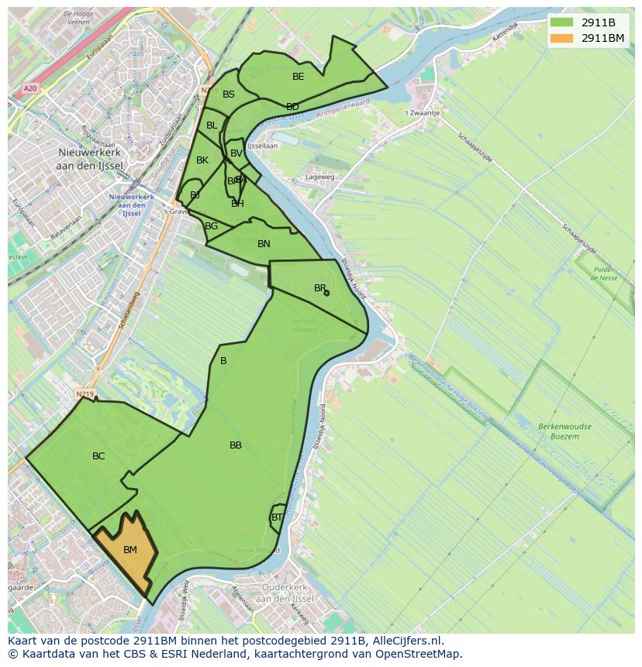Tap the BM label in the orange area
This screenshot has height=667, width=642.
130,550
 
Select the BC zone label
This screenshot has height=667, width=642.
98,456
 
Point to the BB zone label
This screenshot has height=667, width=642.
236,445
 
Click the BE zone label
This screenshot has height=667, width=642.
299,77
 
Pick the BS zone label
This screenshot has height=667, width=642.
229,95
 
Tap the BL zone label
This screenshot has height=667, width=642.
212,125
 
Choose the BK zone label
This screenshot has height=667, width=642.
202,160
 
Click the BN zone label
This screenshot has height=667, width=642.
264,244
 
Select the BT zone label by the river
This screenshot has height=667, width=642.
277,517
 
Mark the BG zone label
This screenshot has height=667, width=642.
212,226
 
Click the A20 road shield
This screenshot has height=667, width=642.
30,88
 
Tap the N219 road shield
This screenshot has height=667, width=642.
85,395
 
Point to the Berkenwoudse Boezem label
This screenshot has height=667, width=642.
564,431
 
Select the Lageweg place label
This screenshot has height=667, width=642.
320,177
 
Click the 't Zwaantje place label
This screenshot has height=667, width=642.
423,112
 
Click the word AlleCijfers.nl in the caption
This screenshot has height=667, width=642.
408,641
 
